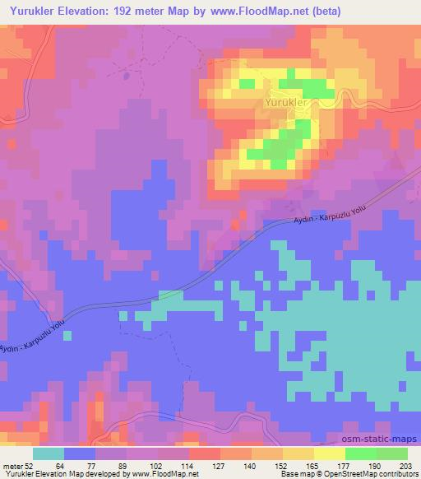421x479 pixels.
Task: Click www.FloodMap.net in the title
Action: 264,12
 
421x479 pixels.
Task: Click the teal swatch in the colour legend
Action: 48,453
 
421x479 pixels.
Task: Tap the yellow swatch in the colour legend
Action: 329,453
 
